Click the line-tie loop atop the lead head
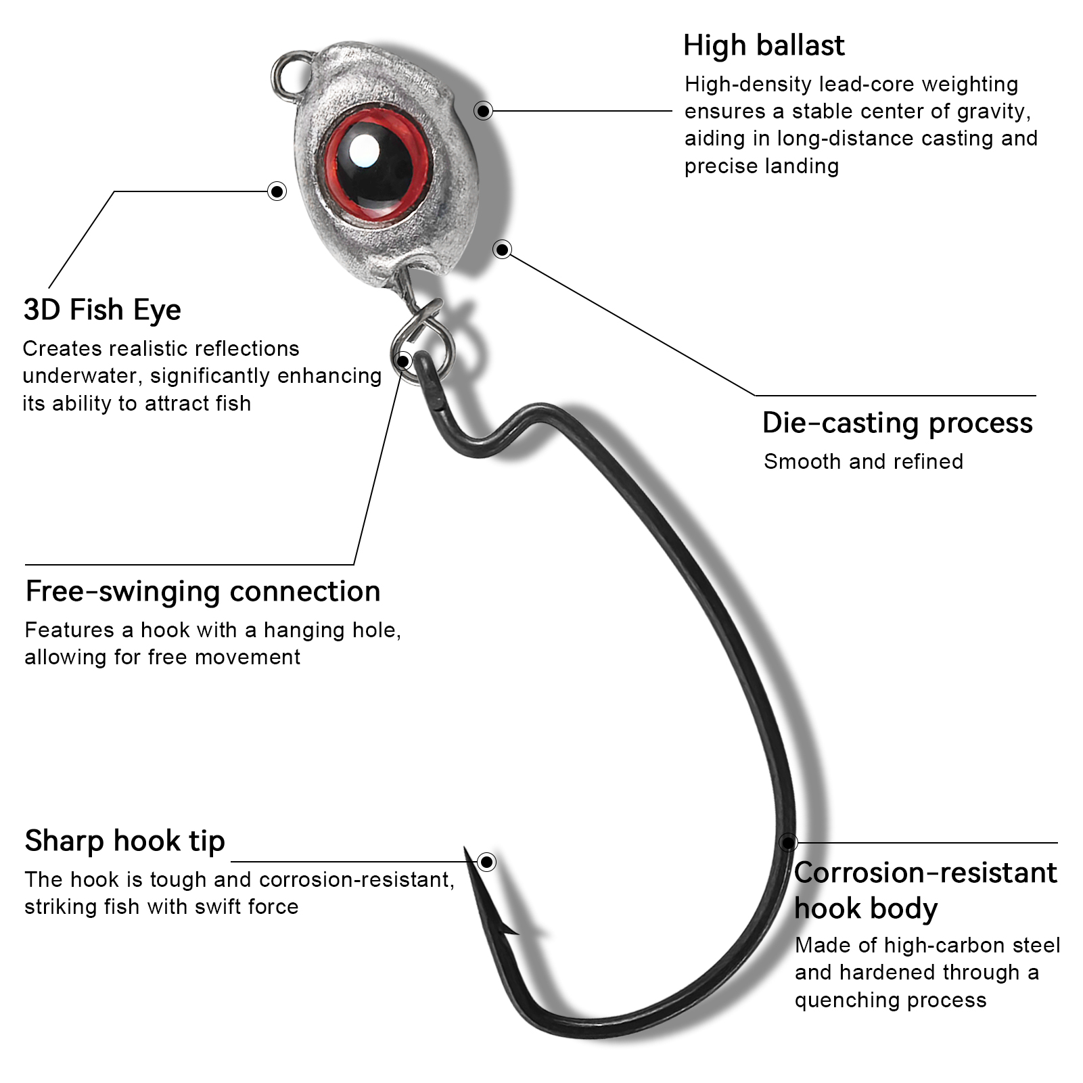[x=290, y=74]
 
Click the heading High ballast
[x=763, y=46]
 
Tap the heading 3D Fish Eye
[x=102, y=310]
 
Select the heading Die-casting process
[x=897, y=423]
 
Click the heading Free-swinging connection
[x=203, y=591]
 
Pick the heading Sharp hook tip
[x=125, y=841]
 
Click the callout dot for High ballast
[x=483, y=110]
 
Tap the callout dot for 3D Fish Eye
[x=277, y=191]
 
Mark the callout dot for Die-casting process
[x=502, y=250]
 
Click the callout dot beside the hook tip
[x=486, y=862]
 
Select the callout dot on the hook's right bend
[x=787, y=843]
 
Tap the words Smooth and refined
[x=863, y=462]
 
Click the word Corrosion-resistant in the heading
[x=925, y=873]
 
